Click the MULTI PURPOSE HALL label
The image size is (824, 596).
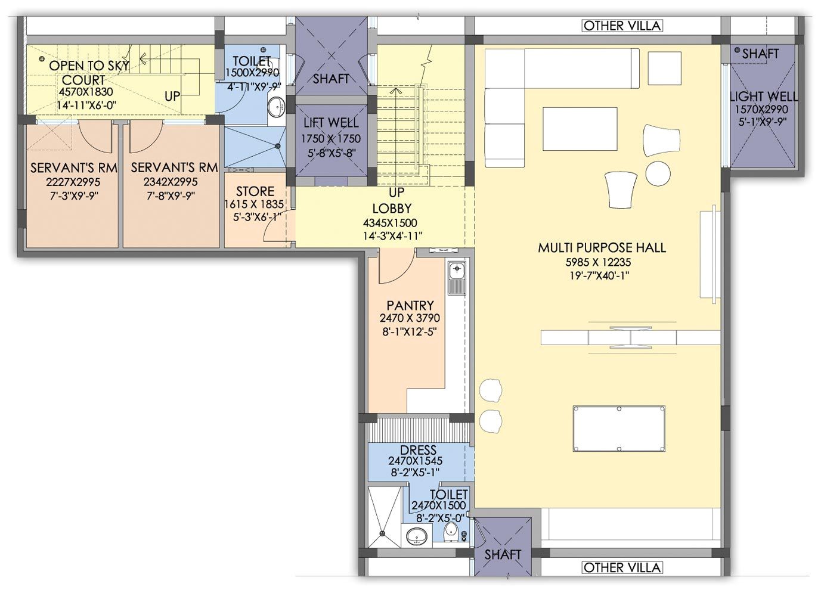[x=602, y=247]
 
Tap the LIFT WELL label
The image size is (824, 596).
[x=331, y=123]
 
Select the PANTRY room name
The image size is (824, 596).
[x=410, y=305]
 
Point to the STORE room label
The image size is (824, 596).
[x=255, y=191]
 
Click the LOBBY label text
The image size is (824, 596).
[x=392, y=209]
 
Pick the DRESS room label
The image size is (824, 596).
[x=418, y=449]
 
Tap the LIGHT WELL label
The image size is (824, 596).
[x=764, y=97]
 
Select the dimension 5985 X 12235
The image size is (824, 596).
[x=598, y=262]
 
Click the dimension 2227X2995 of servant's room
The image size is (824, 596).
[x=73, y=182]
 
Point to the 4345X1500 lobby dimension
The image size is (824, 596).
[x=391, y=222]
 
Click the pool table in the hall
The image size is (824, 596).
[x=619, y=429]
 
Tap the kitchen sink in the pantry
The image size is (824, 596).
[x=457, y=278]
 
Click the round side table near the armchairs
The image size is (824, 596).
[x=658, y=173]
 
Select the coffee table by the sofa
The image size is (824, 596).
[x=580, y=128]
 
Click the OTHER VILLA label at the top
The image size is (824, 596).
[x=622, y=26]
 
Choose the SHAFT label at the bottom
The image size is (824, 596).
[x=503, y=554]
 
